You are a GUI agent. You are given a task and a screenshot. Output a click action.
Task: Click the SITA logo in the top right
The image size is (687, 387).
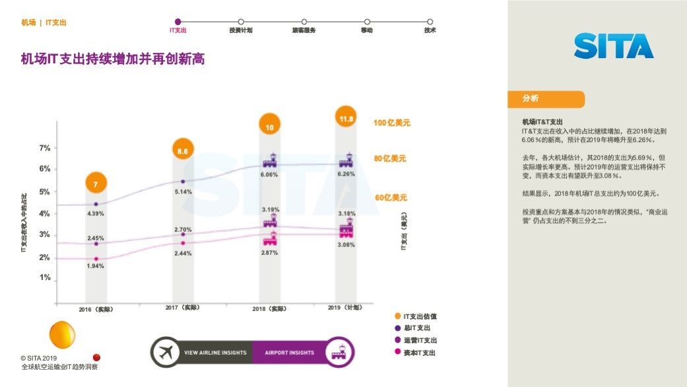tap(613, 46)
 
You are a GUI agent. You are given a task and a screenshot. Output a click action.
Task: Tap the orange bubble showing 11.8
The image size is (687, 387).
tap(346, 119)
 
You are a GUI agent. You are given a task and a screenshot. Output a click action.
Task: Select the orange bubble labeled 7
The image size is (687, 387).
tap(96, 184)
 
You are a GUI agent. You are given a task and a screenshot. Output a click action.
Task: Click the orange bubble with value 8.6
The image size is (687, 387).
tap(183, 151)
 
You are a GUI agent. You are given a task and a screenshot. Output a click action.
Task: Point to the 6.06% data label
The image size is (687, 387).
tap(269, 175)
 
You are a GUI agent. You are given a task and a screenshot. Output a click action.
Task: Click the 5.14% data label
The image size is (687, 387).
tap(183, 192)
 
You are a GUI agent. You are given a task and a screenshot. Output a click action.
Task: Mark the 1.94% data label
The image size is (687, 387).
tap(96, 265)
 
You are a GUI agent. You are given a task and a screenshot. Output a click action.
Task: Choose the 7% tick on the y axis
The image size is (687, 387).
tap(44, 148)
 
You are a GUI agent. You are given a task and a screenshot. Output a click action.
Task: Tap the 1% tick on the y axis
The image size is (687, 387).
tap(44, 277)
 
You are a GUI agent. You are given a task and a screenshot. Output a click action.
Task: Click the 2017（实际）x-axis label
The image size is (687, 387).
tap(182, 308)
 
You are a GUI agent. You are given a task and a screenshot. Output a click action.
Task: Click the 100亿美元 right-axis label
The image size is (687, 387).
tap(392, 123)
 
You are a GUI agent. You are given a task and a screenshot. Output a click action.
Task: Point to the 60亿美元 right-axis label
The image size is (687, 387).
tap(391, 197)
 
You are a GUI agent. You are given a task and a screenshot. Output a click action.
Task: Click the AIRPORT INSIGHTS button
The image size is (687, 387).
tap(290, 353)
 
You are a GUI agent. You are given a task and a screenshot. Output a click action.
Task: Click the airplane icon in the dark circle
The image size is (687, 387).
tap(166, 353)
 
